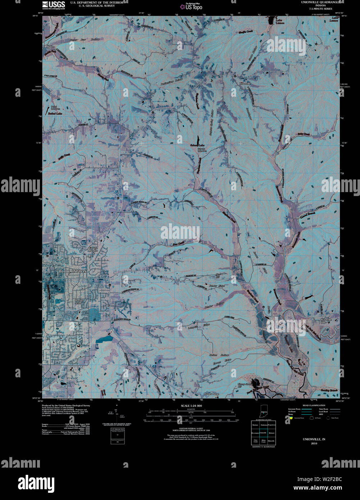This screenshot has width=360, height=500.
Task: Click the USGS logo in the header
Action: click(53, 5)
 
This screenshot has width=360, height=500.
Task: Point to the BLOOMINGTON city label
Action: click(73, 271)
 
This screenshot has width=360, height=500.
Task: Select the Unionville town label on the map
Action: click(245, 83)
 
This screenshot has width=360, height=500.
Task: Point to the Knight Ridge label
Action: click(211, 394)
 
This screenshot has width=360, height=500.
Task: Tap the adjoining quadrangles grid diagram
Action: click(263, 432)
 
